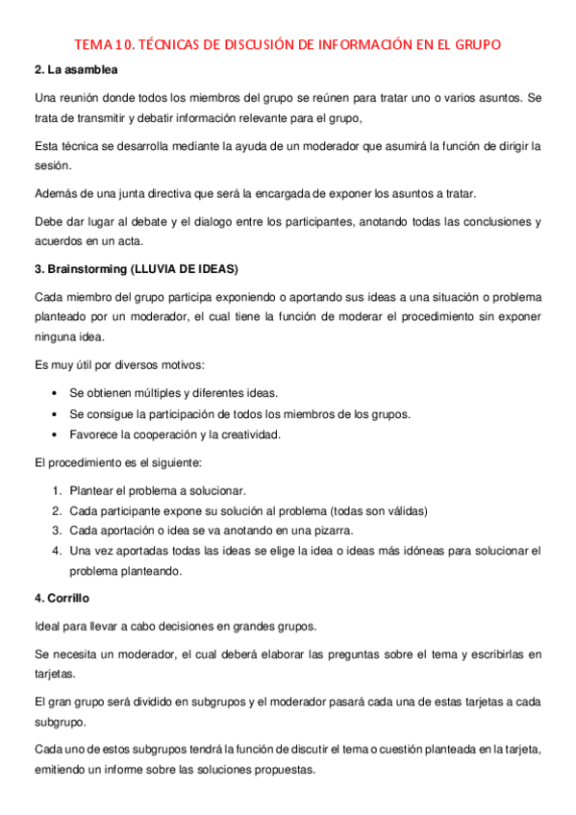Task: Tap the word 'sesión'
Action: click(x=51, y=164)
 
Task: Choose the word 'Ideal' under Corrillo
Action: click(x=48, y=627)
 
